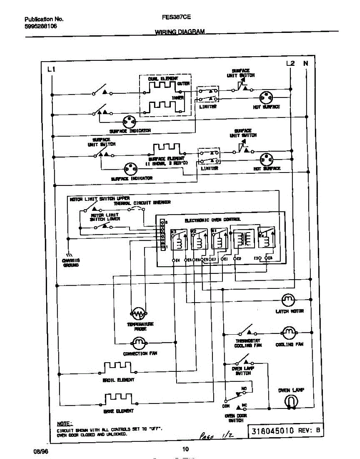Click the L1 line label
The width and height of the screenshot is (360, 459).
(52, 69)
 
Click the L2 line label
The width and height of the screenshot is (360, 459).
(290, 63)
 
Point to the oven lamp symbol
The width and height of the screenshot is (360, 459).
(292, 402)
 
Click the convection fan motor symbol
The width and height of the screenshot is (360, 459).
(138, 342)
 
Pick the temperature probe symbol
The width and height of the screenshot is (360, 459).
(138, 314)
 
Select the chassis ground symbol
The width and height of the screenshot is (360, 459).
(70, 255)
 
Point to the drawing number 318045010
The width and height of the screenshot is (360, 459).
(272, 431)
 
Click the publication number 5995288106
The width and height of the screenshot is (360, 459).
(41, 26)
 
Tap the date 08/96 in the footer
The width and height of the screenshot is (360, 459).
(40, 451)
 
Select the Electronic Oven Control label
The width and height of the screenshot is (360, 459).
(212, 220)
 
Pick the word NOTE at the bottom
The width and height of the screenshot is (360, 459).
(63, 424)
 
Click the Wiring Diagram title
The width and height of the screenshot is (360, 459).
(180, 32)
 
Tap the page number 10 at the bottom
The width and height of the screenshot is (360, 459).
(185, 449)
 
